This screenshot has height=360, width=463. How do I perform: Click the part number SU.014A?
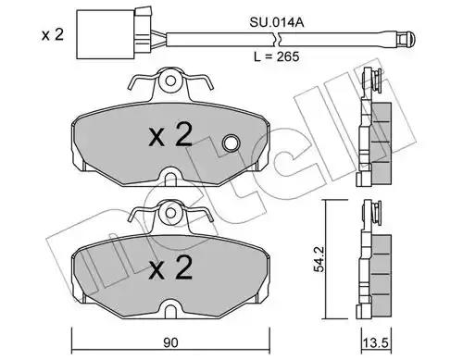point(277,22)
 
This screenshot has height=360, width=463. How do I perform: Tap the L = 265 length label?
point(277,56)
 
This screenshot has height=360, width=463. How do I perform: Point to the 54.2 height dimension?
point(319,259)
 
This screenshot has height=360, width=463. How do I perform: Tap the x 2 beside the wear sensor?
point(53,34)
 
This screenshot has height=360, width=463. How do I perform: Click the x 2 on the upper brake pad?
point(170,135)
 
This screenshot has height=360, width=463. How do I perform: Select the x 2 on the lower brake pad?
point(170,267)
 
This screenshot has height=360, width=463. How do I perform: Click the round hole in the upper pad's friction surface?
point(231,143)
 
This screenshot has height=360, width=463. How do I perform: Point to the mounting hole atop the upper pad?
point(170,81)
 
